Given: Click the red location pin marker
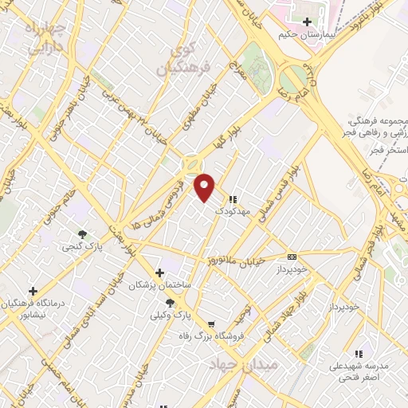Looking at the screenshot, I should coord(205,187).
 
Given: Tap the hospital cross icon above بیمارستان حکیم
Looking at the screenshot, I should coord(307,22).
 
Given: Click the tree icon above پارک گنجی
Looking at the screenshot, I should coord(83,233).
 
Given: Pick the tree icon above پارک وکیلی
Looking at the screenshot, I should coord(169,302).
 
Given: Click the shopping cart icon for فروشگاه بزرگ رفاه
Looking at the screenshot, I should coord(210,324).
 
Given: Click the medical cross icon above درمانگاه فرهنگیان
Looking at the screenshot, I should coord(33,291).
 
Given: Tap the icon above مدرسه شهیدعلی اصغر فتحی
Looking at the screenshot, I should coord(358,353).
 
